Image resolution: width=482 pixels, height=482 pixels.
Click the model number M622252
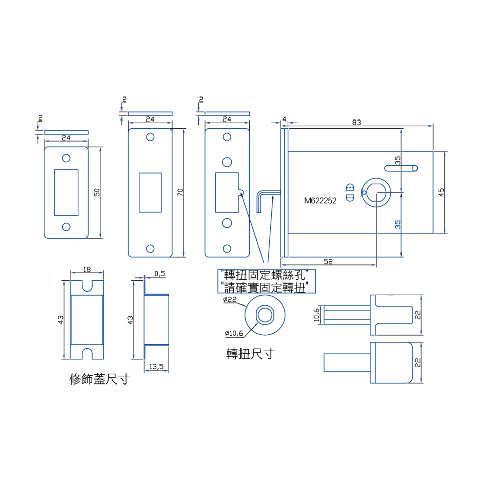click(x=320, y=201)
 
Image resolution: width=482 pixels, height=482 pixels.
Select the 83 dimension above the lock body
click(x=356, y=123)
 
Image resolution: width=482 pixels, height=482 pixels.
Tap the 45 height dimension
click(x=441, y=192)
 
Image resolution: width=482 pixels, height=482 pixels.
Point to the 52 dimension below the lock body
click(x=328, y=261)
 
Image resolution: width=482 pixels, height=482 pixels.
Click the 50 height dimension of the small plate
click(x=97, y=192)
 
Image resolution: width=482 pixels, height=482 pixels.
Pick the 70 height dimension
click(x=180, y=192)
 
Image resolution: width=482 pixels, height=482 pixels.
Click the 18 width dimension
click(x=87, y=269)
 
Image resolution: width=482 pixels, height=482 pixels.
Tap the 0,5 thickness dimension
click(x=160, y=274)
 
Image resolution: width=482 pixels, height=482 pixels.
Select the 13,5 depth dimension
click(x=156, y=367)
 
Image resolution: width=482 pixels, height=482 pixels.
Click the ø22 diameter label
click(x=230, y=299)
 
